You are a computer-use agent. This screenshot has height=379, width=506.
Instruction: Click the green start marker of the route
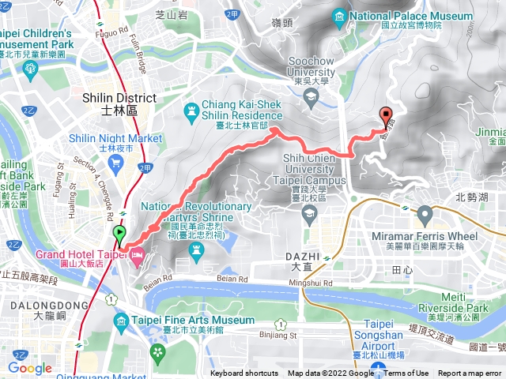coord(120,235)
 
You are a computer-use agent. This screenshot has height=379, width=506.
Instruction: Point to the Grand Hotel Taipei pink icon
coord(138,256)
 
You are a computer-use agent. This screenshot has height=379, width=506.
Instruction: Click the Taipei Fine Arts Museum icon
coord(120,321)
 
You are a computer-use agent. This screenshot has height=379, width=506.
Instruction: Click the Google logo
coord(29,368)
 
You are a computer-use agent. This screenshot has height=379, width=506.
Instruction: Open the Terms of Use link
coord(406,373)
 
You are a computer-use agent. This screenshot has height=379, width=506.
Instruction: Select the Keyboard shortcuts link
coord(244,373)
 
